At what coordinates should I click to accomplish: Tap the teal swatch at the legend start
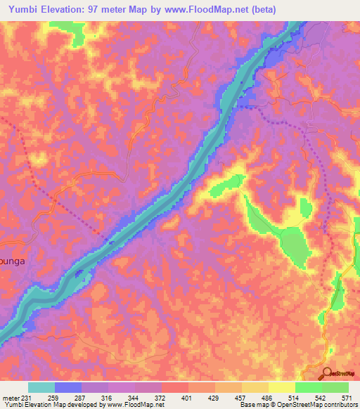click(41, 387)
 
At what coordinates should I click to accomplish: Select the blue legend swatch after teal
click(68, 387)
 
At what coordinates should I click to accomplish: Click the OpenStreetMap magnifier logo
click(328, 374)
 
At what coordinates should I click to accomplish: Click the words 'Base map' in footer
click(252, 405)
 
